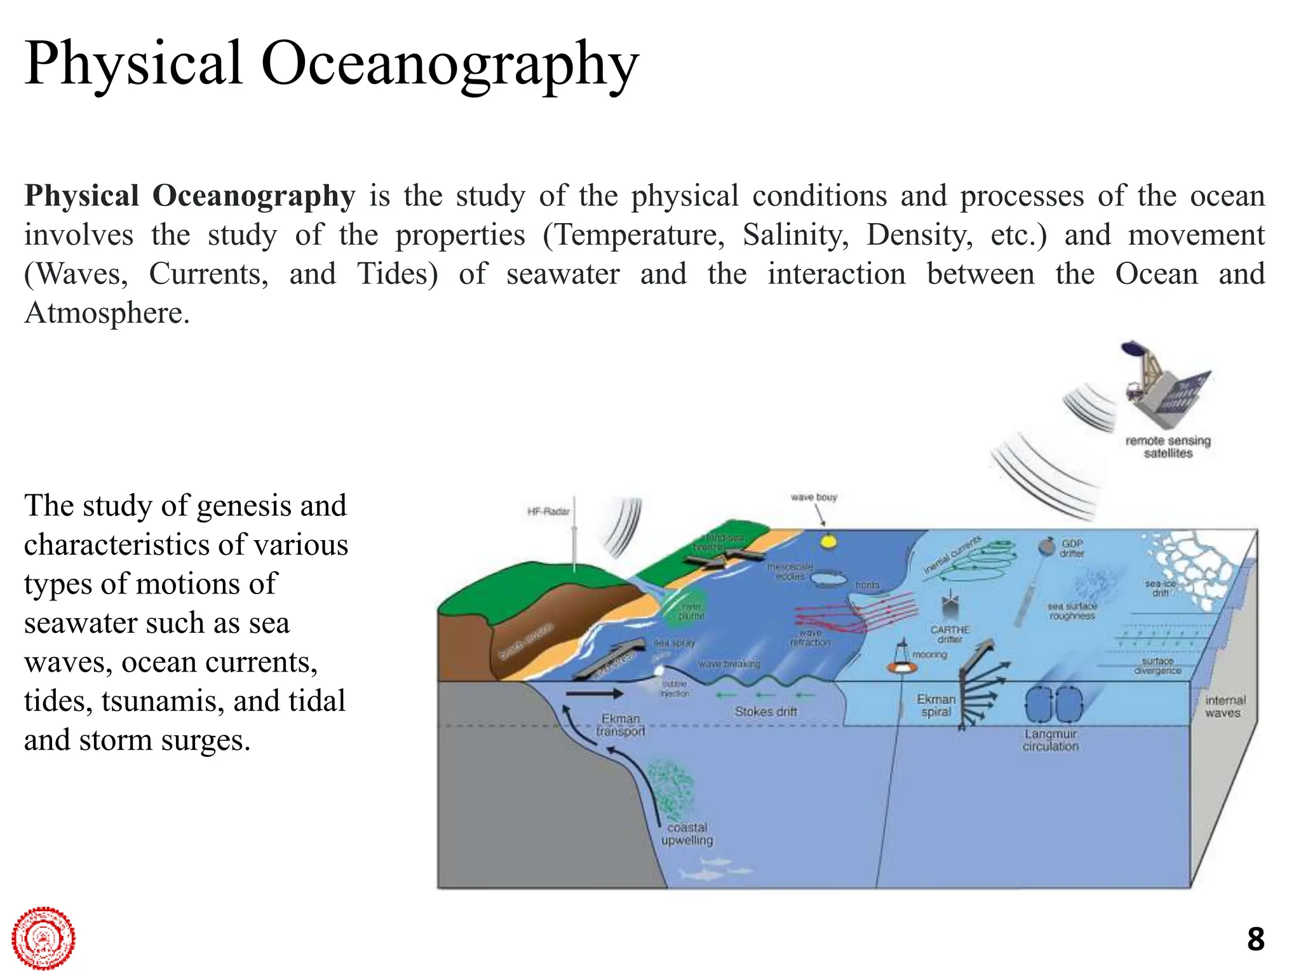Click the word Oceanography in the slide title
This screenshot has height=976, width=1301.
point(449,65)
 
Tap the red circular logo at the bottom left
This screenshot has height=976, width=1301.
point(43,938)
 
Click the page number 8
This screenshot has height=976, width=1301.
point(1255,939)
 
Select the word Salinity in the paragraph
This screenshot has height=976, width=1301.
point(795,235)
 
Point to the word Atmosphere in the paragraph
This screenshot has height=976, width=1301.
point(106,313)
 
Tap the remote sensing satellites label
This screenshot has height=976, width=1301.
point(1168,447)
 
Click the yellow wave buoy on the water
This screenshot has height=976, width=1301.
point(828,542)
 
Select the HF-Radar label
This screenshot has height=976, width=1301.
point(548,512)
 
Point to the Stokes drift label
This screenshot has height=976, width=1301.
point(765,712)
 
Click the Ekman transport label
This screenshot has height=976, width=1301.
point(621,725)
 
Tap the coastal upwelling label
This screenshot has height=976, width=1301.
point(687,834)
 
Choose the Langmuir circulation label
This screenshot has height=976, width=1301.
point(1050,740)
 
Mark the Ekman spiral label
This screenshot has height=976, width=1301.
point(936,705)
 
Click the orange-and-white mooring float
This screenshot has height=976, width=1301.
point(901,667)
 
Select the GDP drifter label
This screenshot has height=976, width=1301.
point(1072,548)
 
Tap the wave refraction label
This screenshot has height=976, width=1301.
point(810,637)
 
